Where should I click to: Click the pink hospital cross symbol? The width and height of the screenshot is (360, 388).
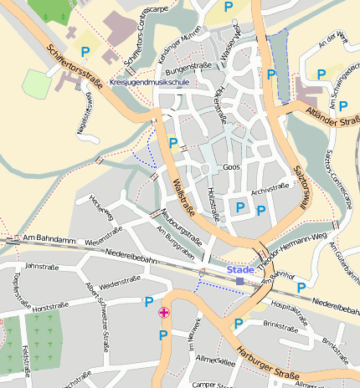point(163,313)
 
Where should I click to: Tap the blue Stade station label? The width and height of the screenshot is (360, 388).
point(239,269)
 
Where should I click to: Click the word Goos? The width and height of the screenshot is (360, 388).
point(232,167)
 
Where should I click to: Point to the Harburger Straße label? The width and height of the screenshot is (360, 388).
point(267,362)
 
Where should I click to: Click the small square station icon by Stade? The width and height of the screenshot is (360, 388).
point(240,281)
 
